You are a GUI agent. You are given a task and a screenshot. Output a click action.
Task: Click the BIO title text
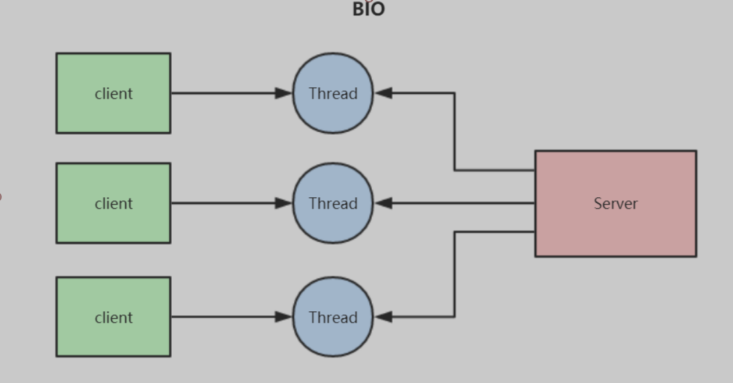(369, 9)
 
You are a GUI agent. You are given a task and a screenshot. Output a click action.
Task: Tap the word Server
(616, 203)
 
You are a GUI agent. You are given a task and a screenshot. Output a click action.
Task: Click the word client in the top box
(113, 93)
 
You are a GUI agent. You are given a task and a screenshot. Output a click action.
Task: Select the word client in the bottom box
(113, 317)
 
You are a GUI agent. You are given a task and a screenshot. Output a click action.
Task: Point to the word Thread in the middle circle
(333, 203)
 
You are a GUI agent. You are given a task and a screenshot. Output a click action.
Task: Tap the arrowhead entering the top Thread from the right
(383, 93)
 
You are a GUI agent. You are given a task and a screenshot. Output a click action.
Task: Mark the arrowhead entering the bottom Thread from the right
(383, 317)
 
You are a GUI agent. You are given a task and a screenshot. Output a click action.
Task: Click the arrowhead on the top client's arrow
(284, 93)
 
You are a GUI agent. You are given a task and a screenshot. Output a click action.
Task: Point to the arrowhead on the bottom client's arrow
(284, 317)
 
